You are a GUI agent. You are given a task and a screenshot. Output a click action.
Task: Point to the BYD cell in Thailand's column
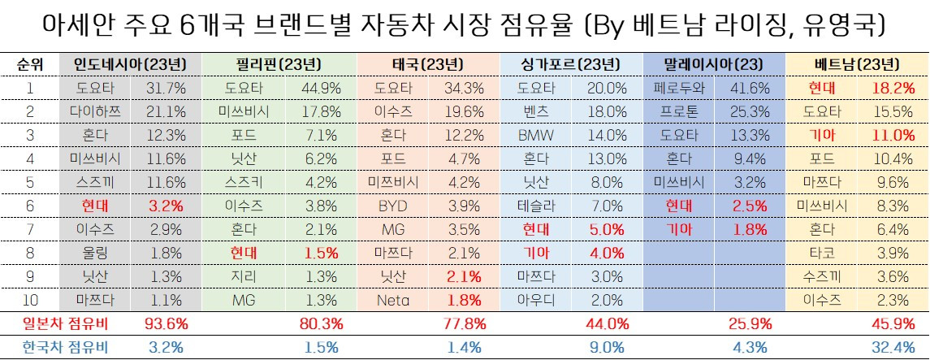pyautogui.click(x=392, y=206)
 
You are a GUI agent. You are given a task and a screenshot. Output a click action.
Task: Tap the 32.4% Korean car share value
pyautogui.click(x=894, y=347)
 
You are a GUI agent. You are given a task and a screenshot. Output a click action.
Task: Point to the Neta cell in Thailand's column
pyautogui.click(x=392, y=300)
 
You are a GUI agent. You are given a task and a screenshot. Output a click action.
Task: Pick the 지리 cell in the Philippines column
pyautogui.click(x=244, y=276)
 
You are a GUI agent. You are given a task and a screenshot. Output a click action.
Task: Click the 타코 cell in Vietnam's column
pyautogui.click(x=822, y=253)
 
